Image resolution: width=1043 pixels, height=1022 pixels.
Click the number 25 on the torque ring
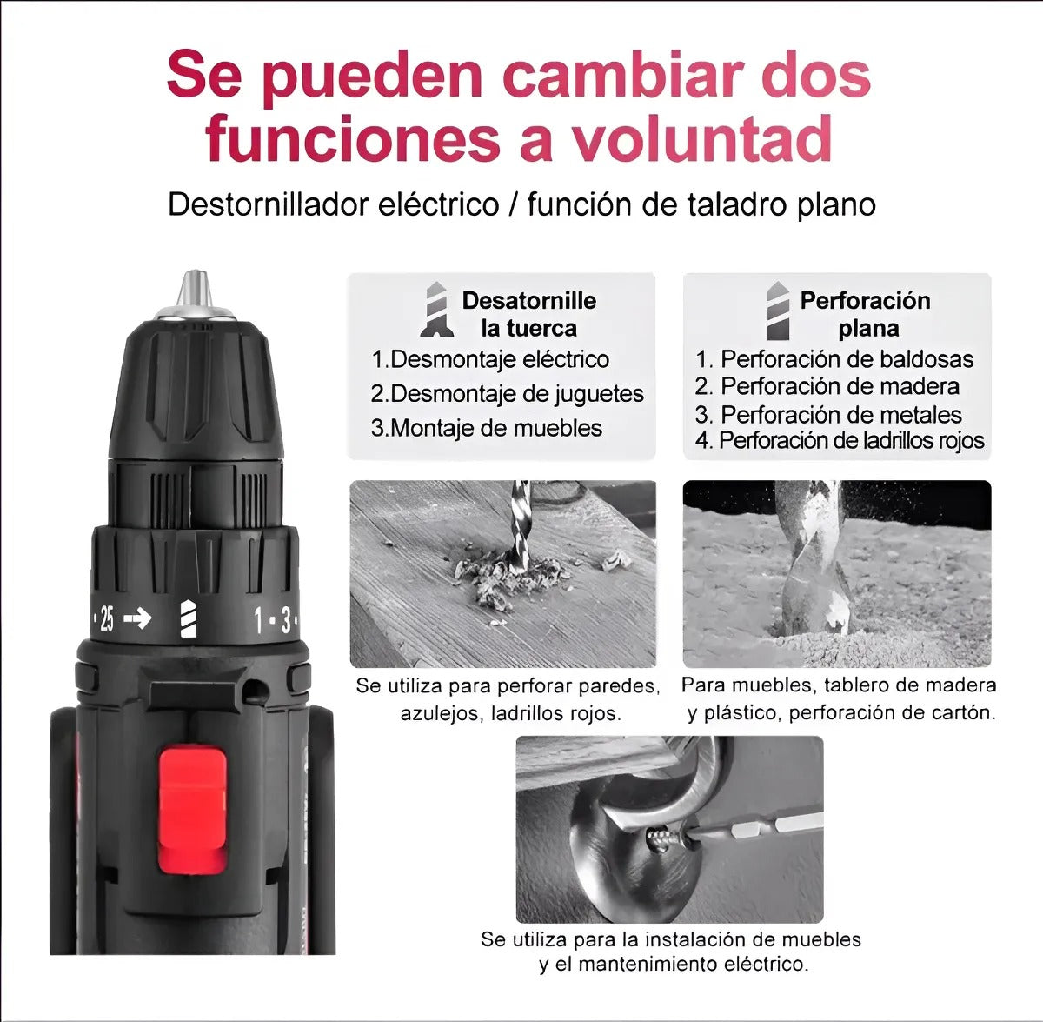coord(107,619)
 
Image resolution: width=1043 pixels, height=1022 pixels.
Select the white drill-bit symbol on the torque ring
coord(188,619)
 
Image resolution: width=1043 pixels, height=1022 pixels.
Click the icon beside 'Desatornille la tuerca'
coord(436,310)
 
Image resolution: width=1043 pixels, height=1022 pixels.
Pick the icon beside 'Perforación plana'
coord(778,311)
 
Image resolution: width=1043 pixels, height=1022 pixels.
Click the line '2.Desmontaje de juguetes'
coord(507,394)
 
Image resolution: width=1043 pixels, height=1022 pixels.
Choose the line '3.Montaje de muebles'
coord(487,428)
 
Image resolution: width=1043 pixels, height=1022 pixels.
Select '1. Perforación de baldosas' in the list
coord(834,359)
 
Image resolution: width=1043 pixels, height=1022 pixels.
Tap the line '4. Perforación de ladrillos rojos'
coord(839,441)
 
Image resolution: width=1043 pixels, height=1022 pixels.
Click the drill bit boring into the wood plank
coord(520,526)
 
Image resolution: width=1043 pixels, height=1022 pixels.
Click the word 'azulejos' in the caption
coord(441,714)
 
